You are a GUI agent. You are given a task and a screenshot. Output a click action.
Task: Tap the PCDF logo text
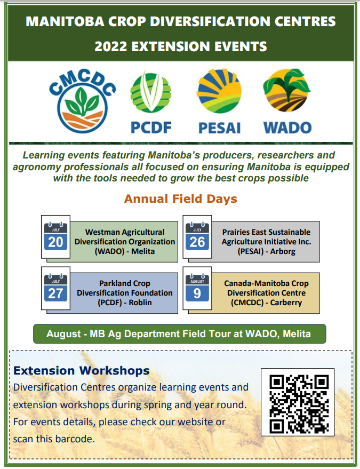point(151,128)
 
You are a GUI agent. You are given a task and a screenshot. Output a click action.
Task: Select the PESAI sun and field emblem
point(219,91)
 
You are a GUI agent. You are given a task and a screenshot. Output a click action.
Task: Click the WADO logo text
point(287,128)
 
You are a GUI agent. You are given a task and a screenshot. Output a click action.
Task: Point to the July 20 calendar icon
point(55,236)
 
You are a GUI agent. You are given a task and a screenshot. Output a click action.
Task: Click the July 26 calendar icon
point(197,236)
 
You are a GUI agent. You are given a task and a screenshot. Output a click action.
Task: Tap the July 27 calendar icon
point(55,288)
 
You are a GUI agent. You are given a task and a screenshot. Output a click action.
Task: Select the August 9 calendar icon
point(197,288)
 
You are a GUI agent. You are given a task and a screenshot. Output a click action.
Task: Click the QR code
point(298,402)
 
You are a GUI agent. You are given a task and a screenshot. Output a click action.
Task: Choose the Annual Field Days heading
point(181,199)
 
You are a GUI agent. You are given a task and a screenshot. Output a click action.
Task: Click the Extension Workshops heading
point(81,371)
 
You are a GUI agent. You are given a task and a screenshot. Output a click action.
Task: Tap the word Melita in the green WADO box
point(143,251)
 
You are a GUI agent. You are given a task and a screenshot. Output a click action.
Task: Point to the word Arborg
point(283,251)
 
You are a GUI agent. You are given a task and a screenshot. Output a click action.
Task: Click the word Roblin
point(140,303)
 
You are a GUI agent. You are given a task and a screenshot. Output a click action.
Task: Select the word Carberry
point(286,303)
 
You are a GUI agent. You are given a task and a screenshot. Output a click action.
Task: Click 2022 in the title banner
point(110,46)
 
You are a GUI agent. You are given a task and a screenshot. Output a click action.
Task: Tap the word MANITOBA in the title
point(65,21)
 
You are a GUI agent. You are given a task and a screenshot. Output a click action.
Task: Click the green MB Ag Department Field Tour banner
point(179,334)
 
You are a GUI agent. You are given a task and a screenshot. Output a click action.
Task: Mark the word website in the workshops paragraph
point(196,422)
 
